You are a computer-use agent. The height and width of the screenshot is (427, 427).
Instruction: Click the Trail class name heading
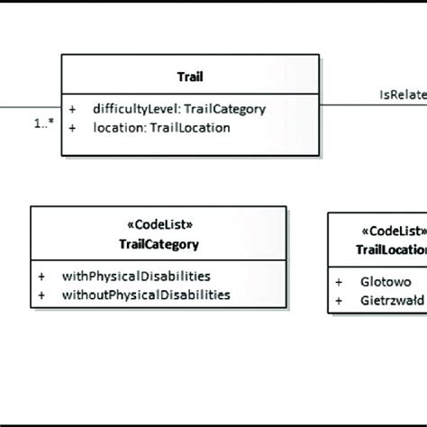point(189,78)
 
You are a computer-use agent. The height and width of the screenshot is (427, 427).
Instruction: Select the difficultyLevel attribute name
point(132,109)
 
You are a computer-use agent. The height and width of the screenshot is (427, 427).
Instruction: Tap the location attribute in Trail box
point(114,128)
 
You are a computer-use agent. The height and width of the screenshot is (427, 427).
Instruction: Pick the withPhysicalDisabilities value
point(135,276)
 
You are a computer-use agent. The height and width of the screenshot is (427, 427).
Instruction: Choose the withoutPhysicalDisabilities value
point(145,294)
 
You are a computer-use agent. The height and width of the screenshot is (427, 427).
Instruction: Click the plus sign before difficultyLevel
point(73,109)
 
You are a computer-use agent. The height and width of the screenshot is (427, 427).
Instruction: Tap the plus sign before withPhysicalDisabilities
point(41,276)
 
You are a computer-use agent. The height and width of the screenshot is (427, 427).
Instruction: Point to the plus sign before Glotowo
point(339,282)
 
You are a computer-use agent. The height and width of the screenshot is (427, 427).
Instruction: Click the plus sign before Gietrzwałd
point(339,299)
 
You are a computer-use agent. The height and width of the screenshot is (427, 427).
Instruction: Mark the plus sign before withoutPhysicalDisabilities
point(41,294)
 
